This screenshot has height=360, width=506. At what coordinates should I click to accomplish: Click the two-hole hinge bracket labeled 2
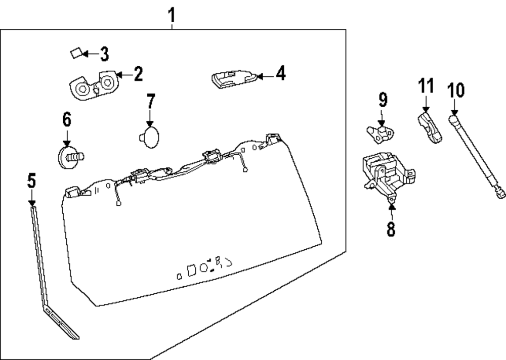[x=94, y=85]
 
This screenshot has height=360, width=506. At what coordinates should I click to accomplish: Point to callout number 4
[x=280, y=74]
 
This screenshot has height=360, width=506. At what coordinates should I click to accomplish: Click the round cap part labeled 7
[x=149, y=137]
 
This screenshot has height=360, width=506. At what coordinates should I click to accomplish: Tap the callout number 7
[x=150, y=102]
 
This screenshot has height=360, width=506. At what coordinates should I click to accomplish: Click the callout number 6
[x=67, y=120]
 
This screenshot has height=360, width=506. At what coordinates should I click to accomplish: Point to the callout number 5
[x=32, y=181]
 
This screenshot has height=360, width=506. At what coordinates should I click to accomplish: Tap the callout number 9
[x=383, y=100]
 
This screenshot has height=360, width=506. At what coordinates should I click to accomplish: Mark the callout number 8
[x=391, y=229]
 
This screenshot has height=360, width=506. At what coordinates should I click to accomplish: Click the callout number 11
[x=426, y=85]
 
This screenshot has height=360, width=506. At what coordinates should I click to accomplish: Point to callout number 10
[x=455, y=91]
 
